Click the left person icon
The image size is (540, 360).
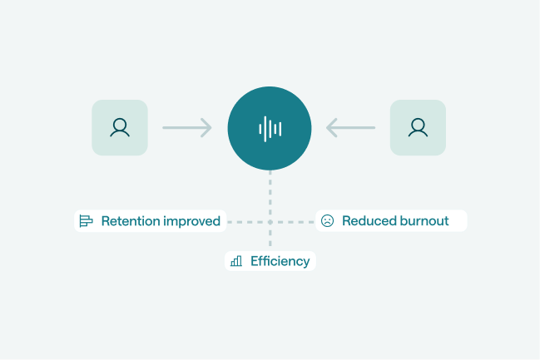coord(120,128)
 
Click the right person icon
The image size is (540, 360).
coord(418,128)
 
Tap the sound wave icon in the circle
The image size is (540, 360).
coord(270,128)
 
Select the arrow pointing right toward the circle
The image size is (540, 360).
coord(187,128)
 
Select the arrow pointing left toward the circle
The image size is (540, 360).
coord(350,128)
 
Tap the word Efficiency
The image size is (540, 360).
coord(280,261)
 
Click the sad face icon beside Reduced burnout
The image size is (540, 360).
coord(327,221)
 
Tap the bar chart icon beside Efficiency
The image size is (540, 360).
coord(236,261)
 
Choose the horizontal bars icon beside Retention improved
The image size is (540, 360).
coord(86,221)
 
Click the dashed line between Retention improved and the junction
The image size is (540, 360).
coord(246,222)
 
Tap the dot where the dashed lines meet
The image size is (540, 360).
coord(270,222)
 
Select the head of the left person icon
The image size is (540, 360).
coord(120,124)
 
